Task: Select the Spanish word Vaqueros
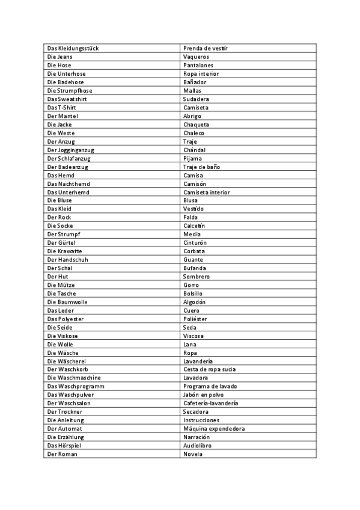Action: point(196,57)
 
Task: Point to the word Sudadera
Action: point(196,99)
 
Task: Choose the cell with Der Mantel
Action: point(63,115)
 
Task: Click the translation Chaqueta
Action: point(197,124)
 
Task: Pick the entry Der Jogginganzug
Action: point(71,150)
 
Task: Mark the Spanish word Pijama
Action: point(193,158)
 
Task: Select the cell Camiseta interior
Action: point(207,192)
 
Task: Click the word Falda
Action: point(191,217)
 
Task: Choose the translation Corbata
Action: point(194,251)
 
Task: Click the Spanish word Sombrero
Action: point(197,276)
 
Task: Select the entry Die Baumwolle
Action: point(67,302)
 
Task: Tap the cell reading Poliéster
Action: point(195,319)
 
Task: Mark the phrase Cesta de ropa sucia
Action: point(210,369)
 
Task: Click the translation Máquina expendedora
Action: point(213,428)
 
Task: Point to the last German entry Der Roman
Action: point(62,454)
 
